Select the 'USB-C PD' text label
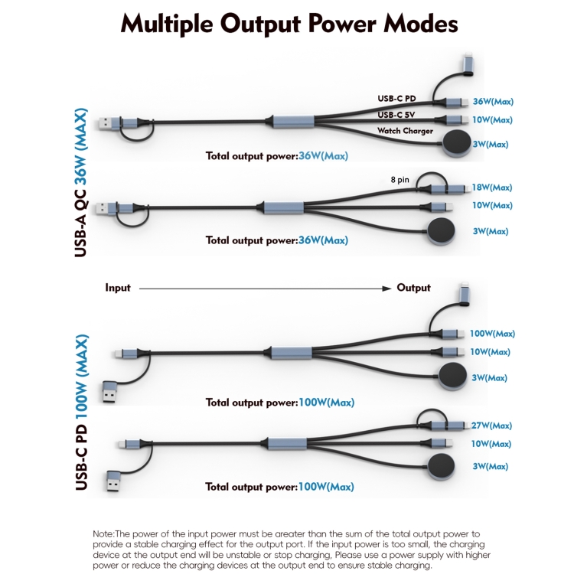click(397, 98)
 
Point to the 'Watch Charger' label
click(405, 131)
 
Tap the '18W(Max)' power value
click(493, 188)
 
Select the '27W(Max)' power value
click(493, 426)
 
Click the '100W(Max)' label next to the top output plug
click(493, 334)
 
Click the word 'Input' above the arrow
click(118, 288)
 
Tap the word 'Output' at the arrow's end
click(413, 288)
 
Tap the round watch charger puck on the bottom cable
click(442, 466)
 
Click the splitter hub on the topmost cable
click(289, 121)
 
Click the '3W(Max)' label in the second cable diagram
click(491, 231)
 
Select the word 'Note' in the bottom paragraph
click(103, 533)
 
